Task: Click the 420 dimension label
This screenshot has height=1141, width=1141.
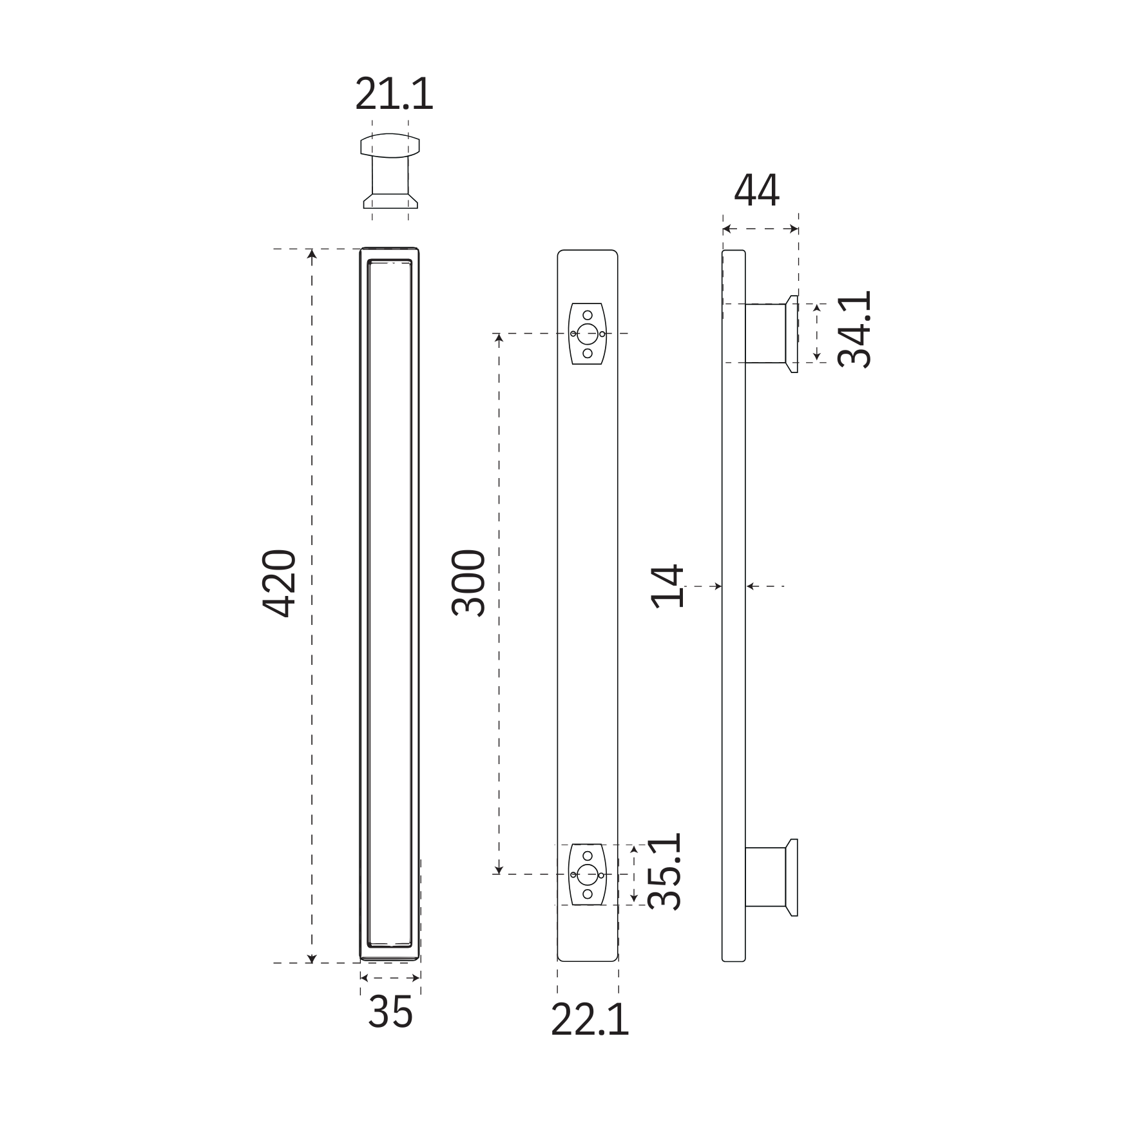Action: tap(280, 583)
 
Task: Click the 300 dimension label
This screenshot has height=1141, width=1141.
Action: tap(468, 583)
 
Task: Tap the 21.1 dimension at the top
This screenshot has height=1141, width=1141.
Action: tap(394, 95)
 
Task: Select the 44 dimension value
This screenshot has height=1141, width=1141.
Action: tap(756, 191)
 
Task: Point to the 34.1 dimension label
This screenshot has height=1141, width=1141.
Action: tap(854, 329)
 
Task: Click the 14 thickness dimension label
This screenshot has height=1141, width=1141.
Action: tap(667, 586)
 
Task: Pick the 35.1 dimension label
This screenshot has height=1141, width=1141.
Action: tap(664, 872)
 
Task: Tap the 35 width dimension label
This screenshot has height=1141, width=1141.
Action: tap(390, 1012)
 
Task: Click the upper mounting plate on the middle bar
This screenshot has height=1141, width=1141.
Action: tap(587, 334)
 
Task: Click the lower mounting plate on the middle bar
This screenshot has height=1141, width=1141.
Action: tap(587, 874)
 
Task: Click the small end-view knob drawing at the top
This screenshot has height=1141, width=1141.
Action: tap(390, 171)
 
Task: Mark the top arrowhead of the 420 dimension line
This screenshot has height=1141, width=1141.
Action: tap(312, 254)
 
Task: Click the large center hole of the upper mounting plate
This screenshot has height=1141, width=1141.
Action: tap(587, 334)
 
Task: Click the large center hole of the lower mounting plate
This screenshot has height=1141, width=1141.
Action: tap(587, 874)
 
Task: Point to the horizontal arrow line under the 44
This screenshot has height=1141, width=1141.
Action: tap(760, 228)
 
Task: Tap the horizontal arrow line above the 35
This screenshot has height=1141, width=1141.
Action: tap(390, 979)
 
